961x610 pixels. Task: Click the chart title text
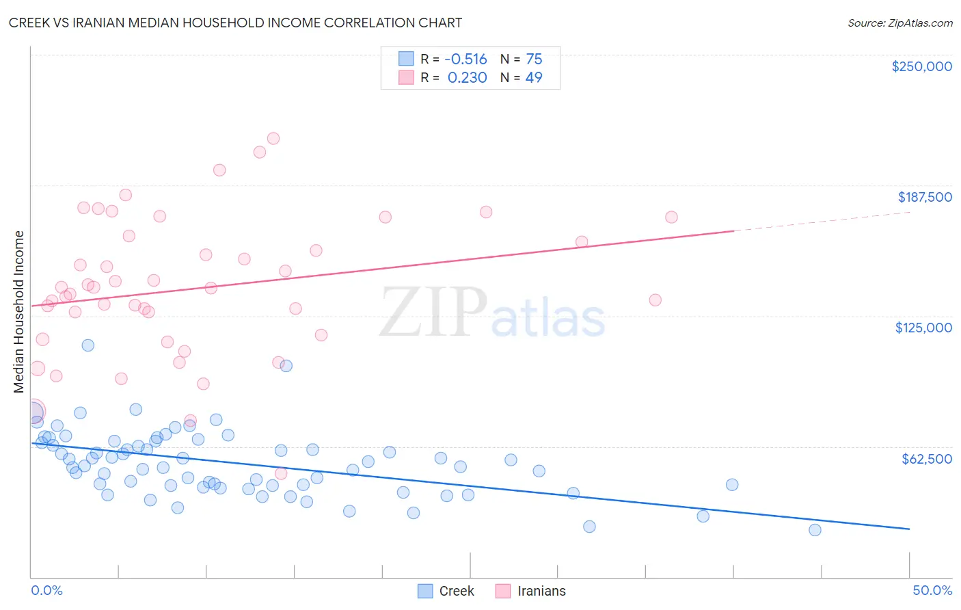(x=235, y=23)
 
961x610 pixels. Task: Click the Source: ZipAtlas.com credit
(x=899, y=23)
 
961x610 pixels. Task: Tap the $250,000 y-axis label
(x=921, y=66)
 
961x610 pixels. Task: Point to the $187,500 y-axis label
(x=924, y=197)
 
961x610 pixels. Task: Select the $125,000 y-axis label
(x=923, y=328)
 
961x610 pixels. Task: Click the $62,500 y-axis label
(x=926, y=459)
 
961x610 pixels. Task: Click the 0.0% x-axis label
(x=46, y=590)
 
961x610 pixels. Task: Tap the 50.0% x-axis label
(x=932, y=590)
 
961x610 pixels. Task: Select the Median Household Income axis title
(x=19, y=312)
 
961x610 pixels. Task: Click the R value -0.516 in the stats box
(x=465, y=59)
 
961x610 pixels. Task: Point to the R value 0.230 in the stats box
(x=467, y=78)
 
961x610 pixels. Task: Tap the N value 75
(x=534, y=59)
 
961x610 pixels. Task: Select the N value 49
(x=534, y=78)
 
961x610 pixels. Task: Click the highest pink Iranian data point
(x=273, y=138)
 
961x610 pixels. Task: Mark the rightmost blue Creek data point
(x=815, y=530)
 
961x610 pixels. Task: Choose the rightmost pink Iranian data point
(x=671, y=217)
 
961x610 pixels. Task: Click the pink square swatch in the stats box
(x=406, y=77)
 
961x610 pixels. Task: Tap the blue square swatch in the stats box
(x=406, y=59)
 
